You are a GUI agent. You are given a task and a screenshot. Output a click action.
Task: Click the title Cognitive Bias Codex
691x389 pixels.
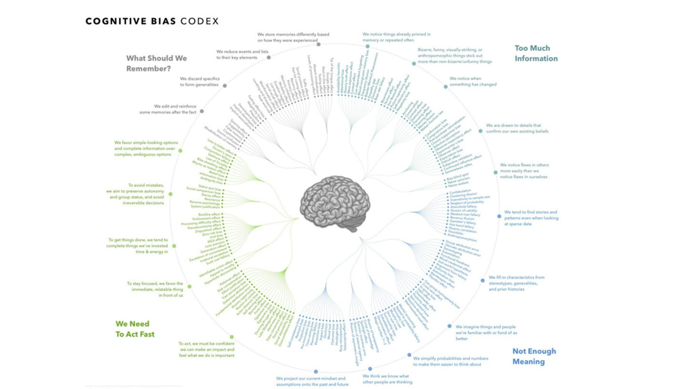[x=152, y=22]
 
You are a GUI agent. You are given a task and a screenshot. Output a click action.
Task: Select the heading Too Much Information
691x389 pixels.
[x=536, y=53]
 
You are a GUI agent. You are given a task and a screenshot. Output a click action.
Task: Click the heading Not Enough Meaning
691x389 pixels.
[x=534, y=356]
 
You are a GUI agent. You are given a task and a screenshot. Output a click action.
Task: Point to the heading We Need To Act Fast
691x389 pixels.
[x=135, y=328]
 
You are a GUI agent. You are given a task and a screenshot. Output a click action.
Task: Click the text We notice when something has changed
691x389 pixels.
[x=473, y=82]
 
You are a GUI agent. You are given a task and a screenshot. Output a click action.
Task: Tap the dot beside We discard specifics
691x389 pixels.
[x=225, y=85]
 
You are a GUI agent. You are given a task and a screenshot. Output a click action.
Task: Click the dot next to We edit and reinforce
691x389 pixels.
[x=202, y=111]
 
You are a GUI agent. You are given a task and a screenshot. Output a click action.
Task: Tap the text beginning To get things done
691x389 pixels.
[x=139, y=246]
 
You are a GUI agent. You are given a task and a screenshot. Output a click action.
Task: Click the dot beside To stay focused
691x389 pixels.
[x=188, y=284]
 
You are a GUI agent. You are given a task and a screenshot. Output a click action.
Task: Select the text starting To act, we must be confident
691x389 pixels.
[x=206, y=349]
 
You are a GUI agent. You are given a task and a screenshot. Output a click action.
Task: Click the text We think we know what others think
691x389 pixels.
[x=386, y=379]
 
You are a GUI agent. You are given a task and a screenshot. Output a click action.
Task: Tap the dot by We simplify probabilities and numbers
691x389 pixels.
[x=409, y=355]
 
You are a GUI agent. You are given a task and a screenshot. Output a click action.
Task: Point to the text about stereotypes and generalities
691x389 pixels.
[x=516, y=283]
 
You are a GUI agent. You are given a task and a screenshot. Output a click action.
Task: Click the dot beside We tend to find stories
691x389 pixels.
[x=499, y=216]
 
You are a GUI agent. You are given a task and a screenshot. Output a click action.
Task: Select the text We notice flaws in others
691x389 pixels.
[x=524, y=170]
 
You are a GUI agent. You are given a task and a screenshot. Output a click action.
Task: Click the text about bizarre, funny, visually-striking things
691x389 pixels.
[x=455, y=56]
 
